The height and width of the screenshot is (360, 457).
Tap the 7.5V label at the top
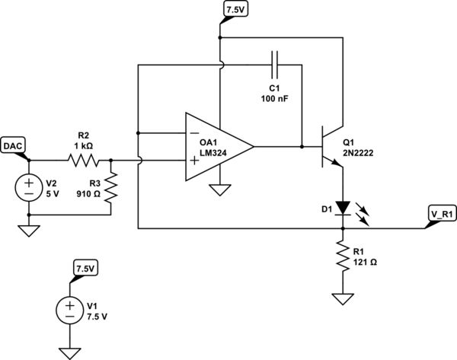(232, 10)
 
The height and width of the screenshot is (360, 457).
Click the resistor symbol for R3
(111, 188)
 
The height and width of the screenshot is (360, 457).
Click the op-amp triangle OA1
(218, 148)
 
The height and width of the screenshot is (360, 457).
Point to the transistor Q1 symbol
(329, 148)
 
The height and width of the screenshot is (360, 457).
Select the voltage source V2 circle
(28, 187)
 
